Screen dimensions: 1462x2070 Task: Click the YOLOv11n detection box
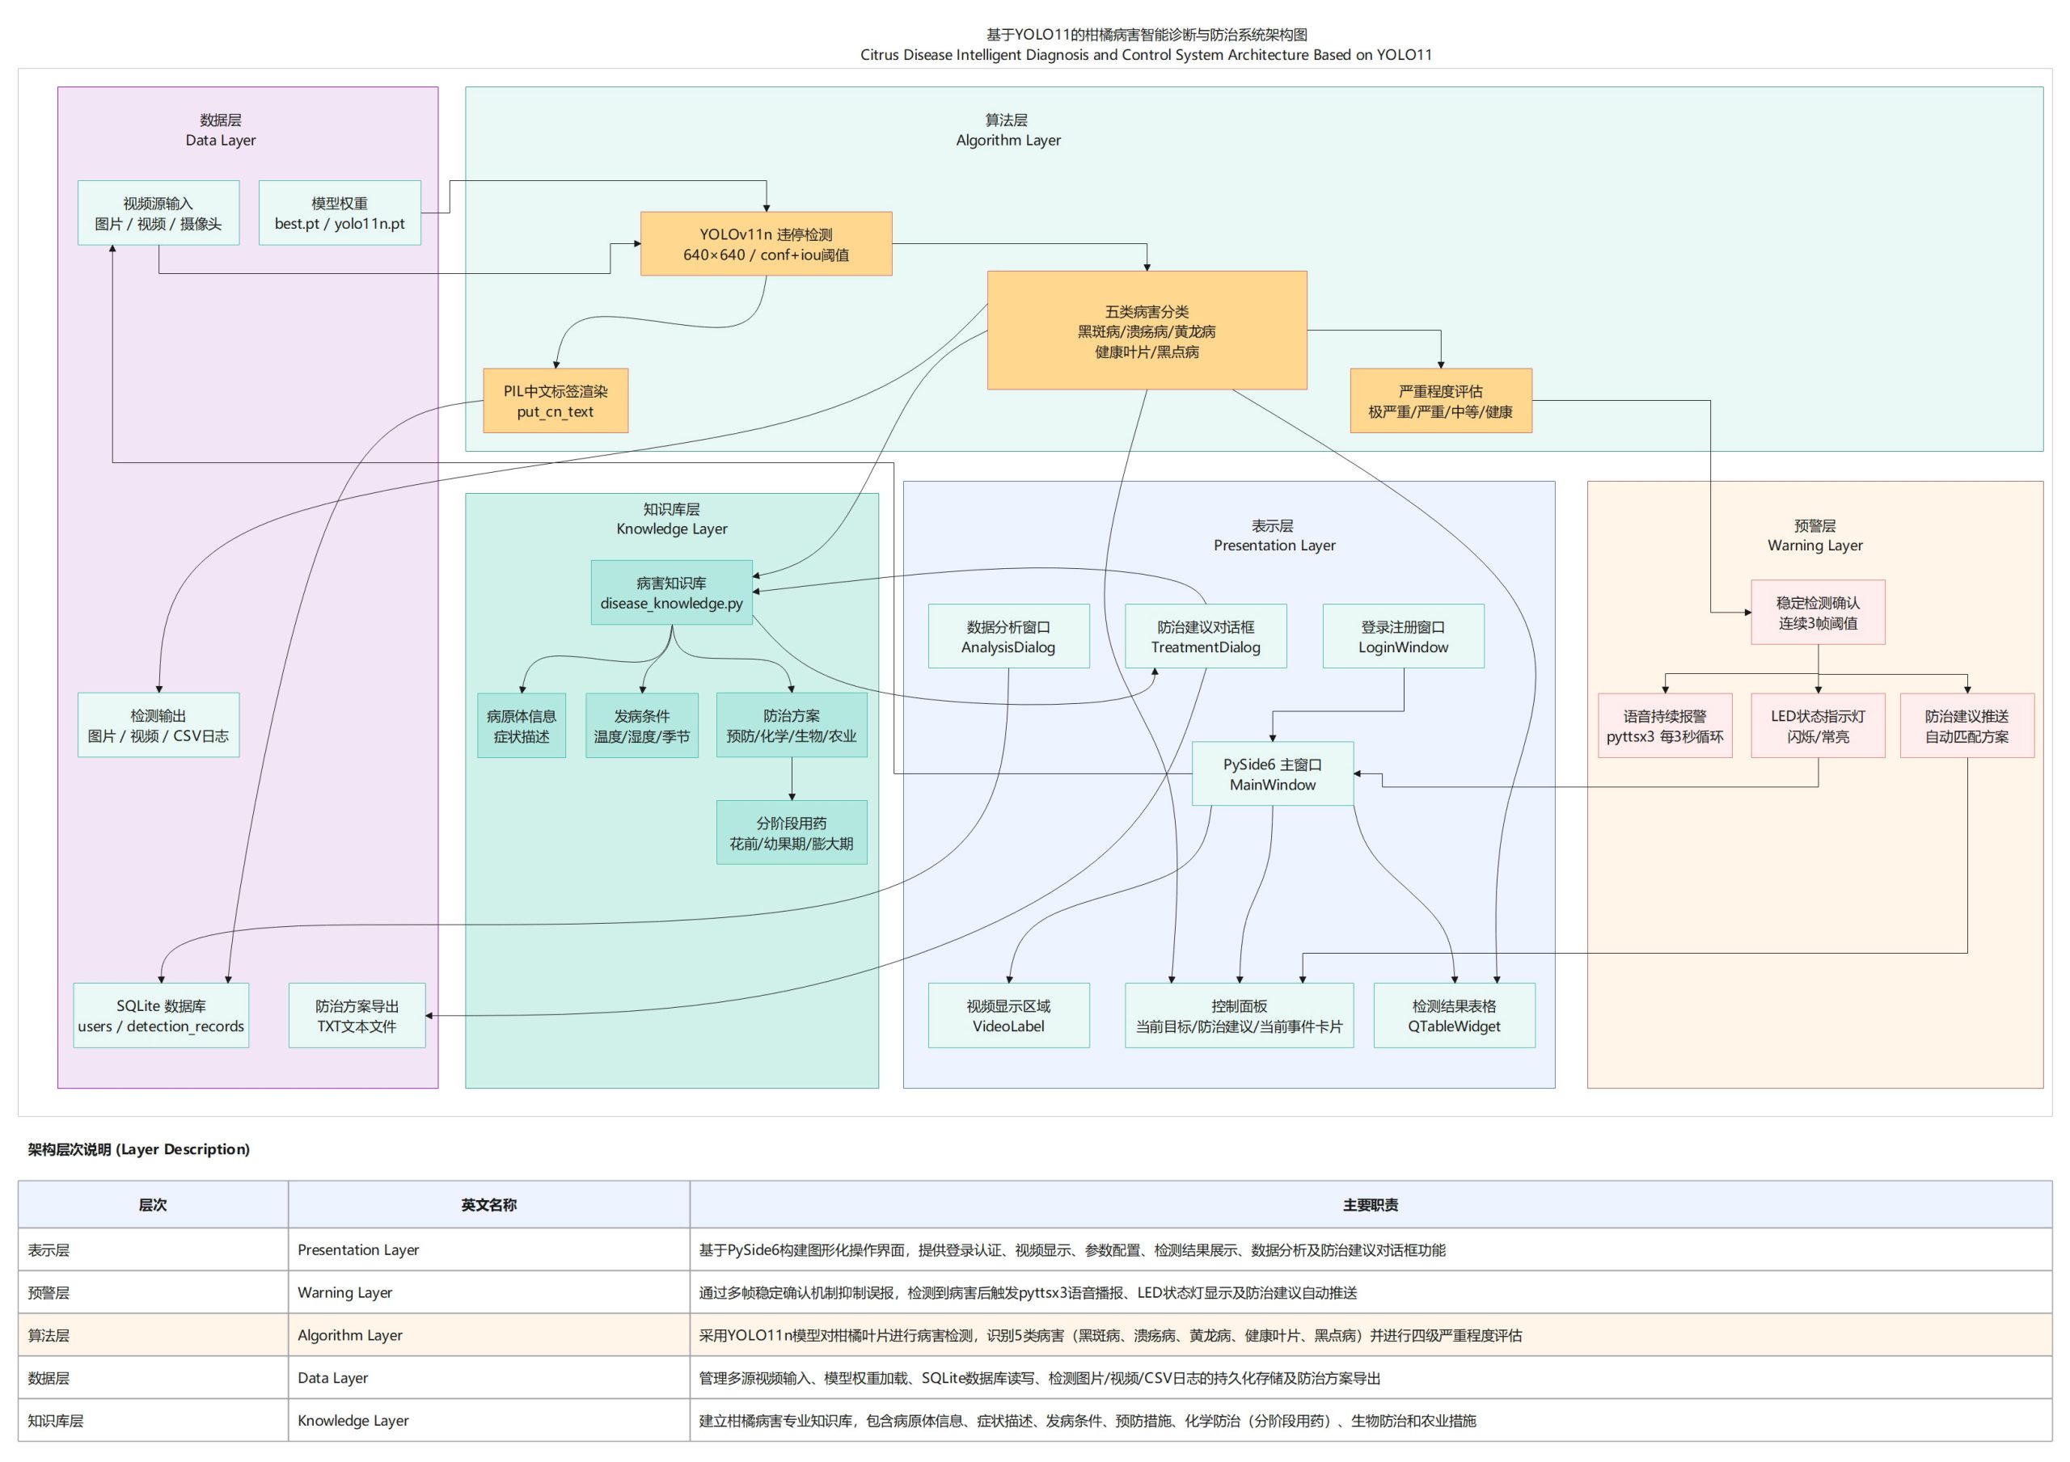pos(766,244)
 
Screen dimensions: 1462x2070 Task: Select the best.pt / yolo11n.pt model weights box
pos(339,213)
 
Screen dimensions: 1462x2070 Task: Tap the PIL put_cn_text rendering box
pos(555,401)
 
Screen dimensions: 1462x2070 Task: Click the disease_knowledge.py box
pos(671,593)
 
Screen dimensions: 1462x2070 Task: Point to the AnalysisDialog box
pos(1008,636)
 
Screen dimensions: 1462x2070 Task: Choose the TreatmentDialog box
pos(1206,636)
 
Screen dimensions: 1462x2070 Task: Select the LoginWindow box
pos(1403,636)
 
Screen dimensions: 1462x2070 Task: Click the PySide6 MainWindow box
pos(1272,774)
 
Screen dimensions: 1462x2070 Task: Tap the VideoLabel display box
pos(1008,1016)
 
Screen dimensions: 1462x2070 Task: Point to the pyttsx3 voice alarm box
pos(1664,726)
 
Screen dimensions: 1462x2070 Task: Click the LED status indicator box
pos(1818,726)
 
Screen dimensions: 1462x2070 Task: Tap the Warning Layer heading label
pos(1814,546)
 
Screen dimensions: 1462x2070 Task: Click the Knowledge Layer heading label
pos(672,529)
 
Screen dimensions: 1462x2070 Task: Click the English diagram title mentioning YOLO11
pos(1146,55)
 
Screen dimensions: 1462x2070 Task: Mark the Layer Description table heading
pos(139,1149)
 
